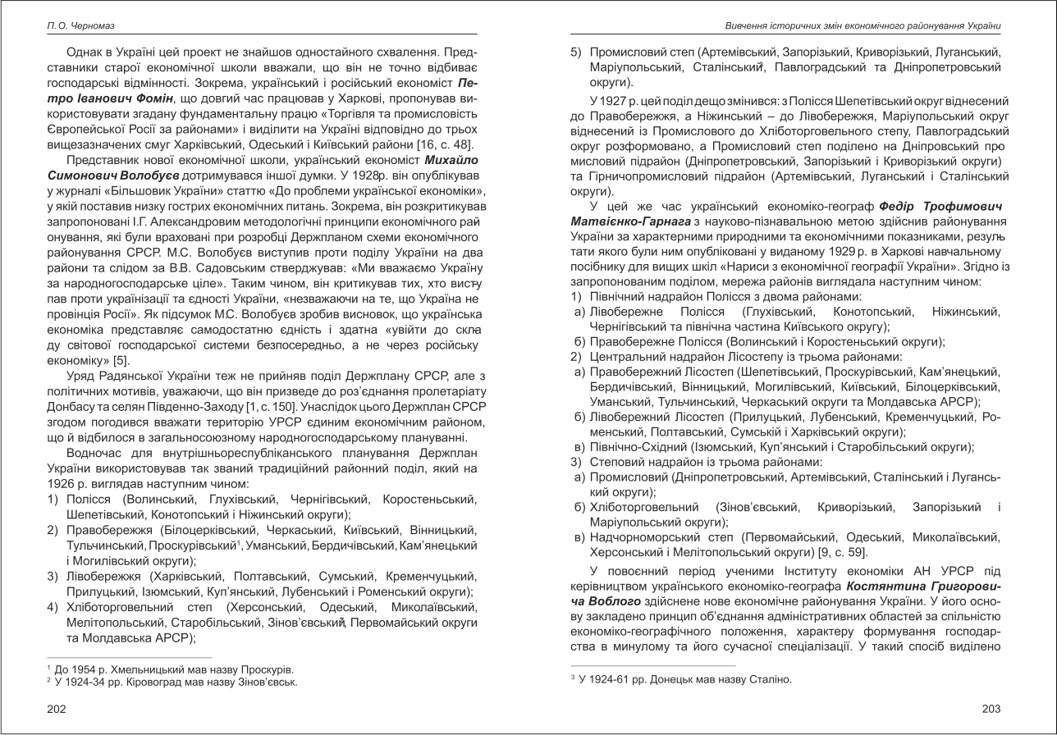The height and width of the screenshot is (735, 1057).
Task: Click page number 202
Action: [x=56, y=709]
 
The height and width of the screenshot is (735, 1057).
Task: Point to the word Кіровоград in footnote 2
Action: [x=140, y=682]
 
